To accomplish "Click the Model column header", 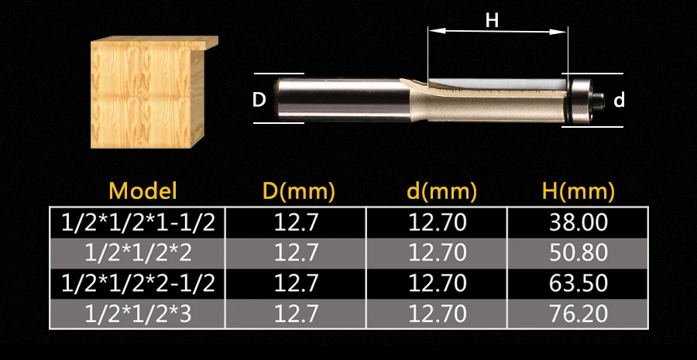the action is point(142,190).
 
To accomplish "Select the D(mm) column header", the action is point(297,191).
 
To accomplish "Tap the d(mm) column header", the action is point(441,191).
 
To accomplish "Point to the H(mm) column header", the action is point(579,191).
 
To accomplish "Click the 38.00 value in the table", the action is point(579,222).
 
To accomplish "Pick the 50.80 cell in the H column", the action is point(579,252).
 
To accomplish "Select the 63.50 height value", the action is point(579,283).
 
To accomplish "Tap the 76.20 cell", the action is point(579,314).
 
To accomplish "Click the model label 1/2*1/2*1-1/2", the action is point(138,222).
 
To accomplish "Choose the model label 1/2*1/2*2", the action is point(138,252).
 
